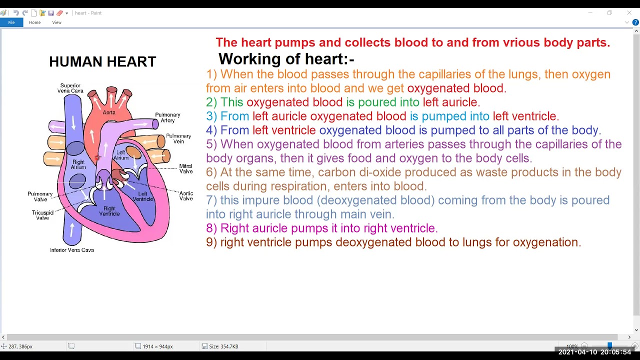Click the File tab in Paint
pos(11,22)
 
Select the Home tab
pos(34,22)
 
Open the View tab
pos(57,22)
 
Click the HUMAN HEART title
pos(102,62)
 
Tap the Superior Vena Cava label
pos(70,88)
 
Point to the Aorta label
pos(109,112)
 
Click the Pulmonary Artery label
pos(167,117)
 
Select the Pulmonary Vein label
pos(178,138)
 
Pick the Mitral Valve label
pos(186,169)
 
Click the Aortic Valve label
pos(186,196)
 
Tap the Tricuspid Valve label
pos(42,215)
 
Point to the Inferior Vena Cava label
pos(72,250)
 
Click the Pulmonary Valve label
pos(40,196)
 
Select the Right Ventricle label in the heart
pos(109,211)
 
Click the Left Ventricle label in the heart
pos(142,196)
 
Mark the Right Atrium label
pos(78,164)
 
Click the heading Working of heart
pos(286,59)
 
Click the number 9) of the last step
pos(211,242)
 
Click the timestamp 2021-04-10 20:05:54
pos(594,352)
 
